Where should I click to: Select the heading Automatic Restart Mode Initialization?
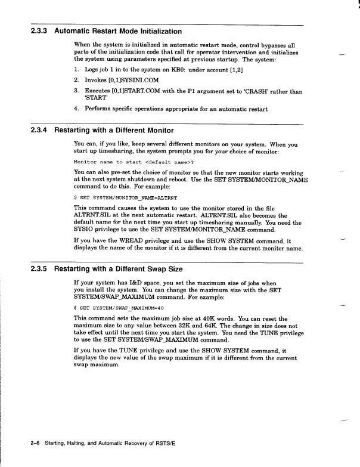(x=118, y=31)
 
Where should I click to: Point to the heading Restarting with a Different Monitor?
(x=114, y=130)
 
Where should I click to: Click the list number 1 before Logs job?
(x=76, y=69)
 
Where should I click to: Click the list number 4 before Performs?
(x=76, y=109)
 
